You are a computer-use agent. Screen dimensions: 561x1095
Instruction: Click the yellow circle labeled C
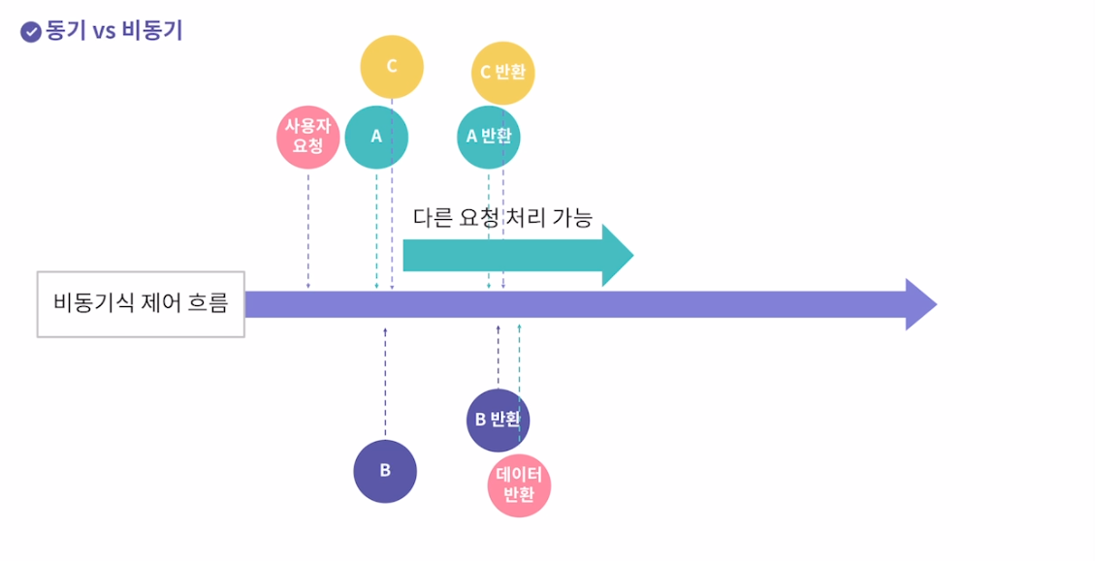(x=392, y=66)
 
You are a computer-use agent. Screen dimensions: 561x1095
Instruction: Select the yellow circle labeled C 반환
(x=503, y=72)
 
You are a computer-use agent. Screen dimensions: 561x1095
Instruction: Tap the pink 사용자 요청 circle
(x=307, y=138)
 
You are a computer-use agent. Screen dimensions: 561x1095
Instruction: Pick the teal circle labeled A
(x=376, y=137)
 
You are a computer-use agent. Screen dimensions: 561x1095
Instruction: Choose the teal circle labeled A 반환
(x=489, y=137)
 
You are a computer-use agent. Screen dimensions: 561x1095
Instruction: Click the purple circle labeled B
(x=385, y=472)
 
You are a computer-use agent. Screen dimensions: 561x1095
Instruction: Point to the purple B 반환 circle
(x=498, y=420)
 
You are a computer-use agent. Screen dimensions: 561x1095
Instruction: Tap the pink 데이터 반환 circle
(x=519, y=485)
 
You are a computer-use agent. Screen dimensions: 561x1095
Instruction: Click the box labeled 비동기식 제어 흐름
(x=141, y=304)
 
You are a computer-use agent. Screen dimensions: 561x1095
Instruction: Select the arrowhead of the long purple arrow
(x=919, y=304)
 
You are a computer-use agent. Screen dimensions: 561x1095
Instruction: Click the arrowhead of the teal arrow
(x=617, y=255)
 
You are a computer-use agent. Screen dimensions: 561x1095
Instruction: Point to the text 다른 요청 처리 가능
(x=502, y=217)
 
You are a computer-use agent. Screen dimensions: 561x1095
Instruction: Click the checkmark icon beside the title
(x=31, y=31)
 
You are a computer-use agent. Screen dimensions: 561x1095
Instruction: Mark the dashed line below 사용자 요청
(x=307, y=229)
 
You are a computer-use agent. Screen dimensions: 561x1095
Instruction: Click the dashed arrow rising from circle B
(x=385, y=383)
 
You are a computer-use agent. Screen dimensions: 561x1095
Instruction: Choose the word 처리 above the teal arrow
(x=524, y=217)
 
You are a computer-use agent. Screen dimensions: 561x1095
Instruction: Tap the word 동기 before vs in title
(x=67, y=30)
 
